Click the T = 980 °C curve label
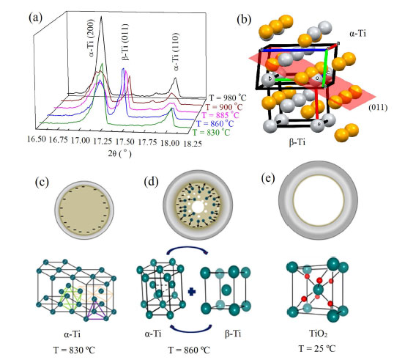[228, 98]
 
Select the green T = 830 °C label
[211, 132]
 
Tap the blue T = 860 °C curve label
[215, 123]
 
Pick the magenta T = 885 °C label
[220, 115]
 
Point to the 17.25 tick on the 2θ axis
[103, 141]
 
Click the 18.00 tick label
[170, 143]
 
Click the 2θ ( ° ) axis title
[119, 154]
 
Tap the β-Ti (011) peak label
[125, 42]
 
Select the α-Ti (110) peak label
[176, 52]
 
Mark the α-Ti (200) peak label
[91, 38]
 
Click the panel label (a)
[36, 18]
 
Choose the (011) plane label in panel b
[378, 107]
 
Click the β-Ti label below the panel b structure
[297, 142]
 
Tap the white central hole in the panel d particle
[198, 207]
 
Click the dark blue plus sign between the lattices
[192, 292]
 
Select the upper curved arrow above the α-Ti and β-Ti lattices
[187, 248]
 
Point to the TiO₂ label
[319, 334]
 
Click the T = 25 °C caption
[317, 348]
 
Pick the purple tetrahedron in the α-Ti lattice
[95, 310]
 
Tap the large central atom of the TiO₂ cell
[318, 290]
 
